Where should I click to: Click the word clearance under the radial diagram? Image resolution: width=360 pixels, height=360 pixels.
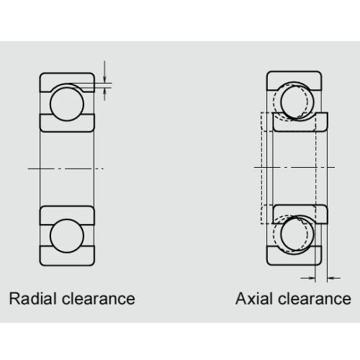click(99, 299)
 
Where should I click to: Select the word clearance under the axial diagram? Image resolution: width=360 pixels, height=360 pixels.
click(315, 299)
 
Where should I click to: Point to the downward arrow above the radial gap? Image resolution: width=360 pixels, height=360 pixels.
click(104, 71)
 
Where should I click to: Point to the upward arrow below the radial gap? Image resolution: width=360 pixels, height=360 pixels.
click(104, 94)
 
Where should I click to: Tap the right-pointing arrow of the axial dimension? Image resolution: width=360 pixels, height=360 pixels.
click(308, 278)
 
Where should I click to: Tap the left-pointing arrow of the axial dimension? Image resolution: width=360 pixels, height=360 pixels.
click(334, 278)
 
